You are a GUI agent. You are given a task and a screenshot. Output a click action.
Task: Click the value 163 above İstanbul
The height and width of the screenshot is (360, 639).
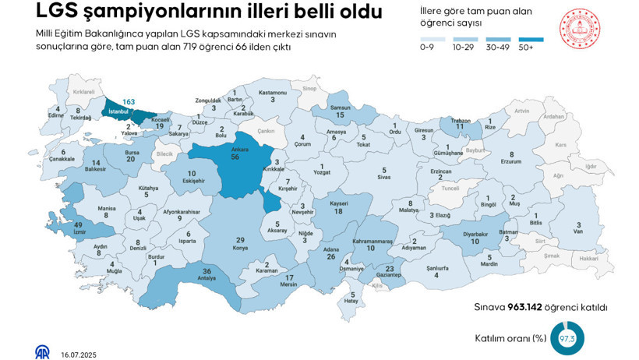click(x=129, y=102)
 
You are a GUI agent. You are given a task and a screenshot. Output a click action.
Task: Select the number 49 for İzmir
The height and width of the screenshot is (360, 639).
click(x=79, y=224)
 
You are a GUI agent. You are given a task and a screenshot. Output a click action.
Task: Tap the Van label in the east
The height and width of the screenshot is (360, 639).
click(x=578, y=231)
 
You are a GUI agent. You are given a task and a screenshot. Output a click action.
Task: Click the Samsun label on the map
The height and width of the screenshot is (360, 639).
click(x=340, y=107)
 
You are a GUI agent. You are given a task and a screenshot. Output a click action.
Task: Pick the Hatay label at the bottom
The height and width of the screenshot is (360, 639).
click(x=352, y=302)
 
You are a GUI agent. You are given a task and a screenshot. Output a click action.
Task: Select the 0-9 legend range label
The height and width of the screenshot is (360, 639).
click(x=426, y=48)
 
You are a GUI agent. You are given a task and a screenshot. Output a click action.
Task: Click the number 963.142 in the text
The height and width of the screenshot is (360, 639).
click(x=530, y=308)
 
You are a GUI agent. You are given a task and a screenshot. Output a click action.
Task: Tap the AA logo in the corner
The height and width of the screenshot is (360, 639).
click(x=42, y=351)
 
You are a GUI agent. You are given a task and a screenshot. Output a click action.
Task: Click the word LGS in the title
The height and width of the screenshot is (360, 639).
click(x=57, y=12)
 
